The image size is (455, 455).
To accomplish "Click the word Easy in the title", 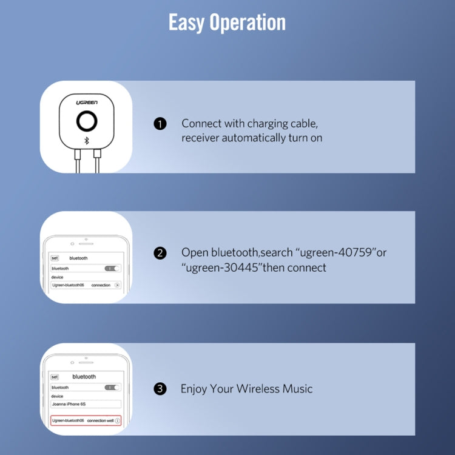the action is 186,22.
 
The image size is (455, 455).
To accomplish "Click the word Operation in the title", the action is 248,22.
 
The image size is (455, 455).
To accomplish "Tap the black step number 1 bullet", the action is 160,124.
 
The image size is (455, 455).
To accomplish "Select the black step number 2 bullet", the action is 160,253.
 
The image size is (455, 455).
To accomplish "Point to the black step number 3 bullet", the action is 160,389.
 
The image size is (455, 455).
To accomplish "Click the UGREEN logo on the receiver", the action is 87,103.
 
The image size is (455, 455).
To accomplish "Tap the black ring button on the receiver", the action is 87,121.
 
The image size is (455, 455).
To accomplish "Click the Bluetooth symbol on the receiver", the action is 87,141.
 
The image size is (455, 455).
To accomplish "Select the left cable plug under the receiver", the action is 78,154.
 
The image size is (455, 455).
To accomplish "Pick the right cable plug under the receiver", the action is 97,153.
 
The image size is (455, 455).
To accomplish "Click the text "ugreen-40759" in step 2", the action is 335,253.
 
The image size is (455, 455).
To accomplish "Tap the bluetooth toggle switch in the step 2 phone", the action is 112,268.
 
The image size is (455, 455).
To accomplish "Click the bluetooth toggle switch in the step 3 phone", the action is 112,388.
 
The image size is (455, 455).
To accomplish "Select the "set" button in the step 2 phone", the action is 55,258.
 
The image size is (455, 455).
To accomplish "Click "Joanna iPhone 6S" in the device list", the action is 69,404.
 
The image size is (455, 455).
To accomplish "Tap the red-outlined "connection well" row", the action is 86,420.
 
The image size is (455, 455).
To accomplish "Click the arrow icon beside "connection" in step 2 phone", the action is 117,285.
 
